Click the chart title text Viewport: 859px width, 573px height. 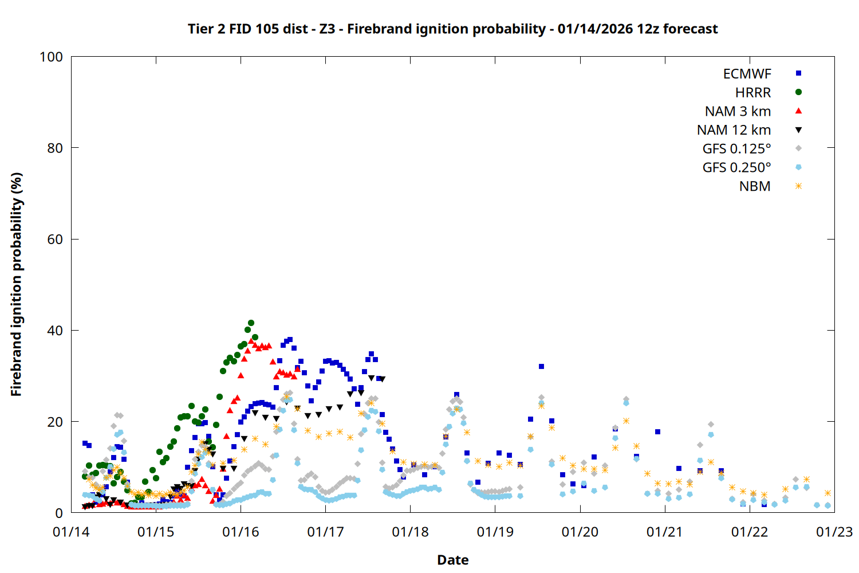tap(452, 29)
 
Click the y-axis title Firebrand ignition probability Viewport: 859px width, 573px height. tap(17, 285)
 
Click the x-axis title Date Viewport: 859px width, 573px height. tap(452, 560)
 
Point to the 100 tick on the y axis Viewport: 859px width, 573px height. tap(51, 57)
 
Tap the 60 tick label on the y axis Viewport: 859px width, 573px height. tap(55, 240)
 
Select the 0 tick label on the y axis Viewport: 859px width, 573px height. tap(59, 513)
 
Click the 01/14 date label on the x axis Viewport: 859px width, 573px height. tap(71, 532)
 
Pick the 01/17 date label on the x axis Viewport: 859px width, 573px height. tap(325, 532)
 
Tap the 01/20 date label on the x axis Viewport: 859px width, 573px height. tap(580, 532)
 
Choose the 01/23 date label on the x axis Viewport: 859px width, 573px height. tap(834, 532)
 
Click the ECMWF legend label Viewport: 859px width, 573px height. tap(747, 74)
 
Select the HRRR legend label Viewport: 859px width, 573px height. tap(753, 93)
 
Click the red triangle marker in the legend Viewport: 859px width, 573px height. tap(798, 111)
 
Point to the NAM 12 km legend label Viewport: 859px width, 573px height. tap(734, 130)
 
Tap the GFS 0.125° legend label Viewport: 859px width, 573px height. tap(736, 149)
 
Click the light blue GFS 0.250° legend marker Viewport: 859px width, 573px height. tap(798, 167)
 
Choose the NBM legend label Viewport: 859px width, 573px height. tap(755, 186)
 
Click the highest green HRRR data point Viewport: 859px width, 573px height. tap(251, 323)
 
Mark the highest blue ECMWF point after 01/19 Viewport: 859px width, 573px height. tap(541, 367)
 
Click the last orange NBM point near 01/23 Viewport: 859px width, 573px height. tap(828, 493)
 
